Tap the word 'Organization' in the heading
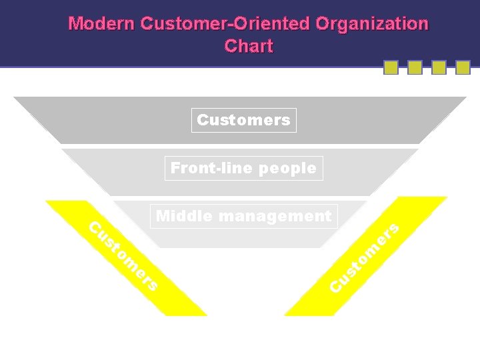coord(372,24)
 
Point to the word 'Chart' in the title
coord(249,46)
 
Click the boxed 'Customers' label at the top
coord(243,120)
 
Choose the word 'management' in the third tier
coord(275,216)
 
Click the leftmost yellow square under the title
coord(391,67)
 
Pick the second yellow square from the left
coord(415,67)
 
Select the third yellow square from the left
coord(439,67)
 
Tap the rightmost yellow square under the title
coord(463,67)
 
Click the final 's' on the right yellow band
coord(393,229)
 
